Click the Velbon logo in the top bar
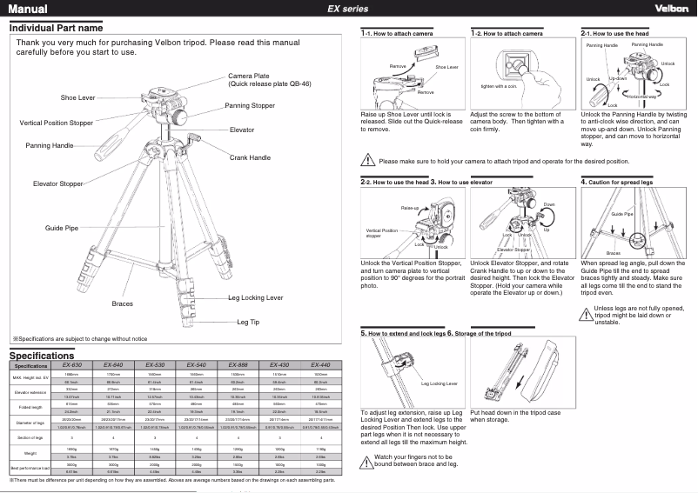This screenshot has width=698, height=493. [670, 9]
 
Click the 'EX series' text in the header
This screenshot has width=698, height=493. [347, 9]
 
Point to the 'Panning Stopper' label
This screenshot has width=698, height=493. [250, 105]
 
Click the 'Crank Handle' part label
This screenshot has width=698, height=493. [250, 157]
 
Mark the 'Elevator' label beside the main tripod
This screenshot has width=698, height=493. [242, 130]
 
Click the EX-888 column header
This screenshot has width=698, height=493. [238, 365]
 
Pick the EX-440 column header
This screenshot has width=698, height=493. [320, 365]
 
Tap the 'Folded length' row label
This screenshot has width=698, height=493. [29, 406]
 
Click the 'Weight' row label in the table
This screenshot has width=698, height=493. [29, 453]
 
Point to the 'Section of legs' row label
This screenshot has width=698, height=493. [29, 437]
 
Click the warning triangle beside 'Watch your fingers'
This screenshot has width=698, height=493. [366, 458]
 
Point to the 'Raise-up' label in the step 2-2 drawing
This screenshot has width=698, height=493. [409, 209]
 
